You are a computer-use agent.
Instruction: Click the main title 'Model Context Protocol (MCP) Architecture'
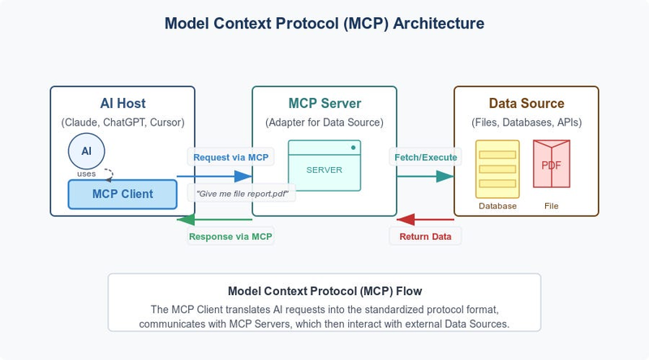(324, 23)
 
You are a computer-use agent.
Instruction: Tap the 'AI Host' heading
(122, 104)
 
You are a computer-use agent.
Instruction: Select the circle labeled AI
(86, 151)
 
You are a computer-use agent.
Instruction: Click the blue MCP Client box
(122, 195)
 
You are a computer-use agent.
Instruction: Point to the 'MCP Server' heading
(324, 104)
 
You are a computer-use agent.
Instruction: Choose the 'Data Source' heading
(527, 104)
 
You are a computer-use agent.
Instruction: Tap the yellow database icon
(497, 169)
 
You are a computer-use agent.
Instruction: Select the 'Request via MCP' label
(230, 156)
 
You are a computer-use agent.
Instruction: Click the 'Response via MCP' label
(230, 237)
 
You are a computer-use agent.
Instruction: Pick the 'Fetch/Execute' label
(425, 156)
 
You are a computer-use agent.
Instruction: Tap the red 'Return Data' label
(425, 237)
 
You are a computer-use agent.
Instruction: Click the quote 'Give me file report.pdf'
(242, 195)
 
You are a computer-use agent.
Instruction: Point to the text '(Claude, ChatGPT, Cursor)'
(122, 122)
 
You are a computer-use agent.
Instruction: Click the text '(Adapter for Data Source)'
(324, 122)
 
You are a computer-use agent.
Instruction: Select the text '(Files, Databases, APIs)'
(527, 122)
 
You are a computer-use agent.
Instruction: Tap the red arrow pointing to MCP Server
(425, 219)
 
